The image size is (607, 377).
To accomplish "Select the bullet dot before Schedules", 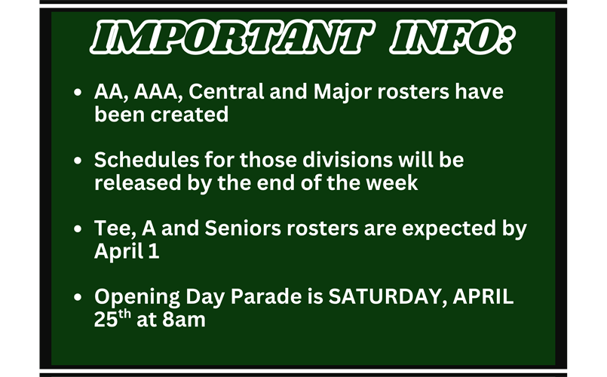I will pos(79,161).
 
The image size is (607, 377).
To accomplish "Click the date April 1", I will pos(127,251).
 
